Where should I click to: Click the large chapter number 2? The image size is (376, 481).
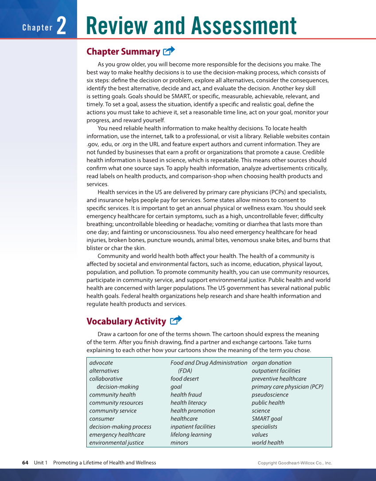click(61, 26)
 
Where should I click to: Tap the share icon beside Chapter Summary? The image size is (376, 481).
click(169, 51)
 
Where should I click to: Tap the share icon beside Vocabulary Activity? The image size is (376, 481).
click(176, 320)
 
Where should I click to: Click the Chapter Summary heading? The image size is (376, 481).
click(123, 52)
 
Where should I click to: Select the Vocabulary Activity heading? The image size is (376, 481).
click(126, 321)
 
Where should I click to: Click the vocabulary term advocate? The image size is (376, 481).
click(101, 363)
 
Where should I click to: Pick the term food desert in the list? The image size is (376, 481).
click(184, 379)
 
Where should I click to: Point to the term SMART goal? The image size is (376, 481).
click(267, 419)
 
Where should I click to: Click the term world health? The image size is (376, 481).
click(267, 443)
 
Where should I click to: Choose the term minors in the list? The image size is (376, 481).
click(179, 443)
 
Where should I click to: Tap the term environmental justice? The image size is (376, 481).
click(116, 443)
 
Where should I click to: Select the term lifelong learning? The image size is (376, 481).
click(191, 435)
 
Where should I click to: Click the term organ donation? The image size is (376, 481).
click(271, 363)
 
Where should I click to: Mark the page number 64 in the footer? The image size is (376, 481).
click(25, 463)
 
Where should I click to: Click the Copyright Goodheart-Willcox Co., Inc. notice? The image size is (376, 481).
click(295, 463)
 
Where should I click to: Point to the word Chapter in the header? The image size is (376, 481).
click(38, 27)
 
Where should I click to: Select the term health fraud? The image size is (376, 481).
click(186, 395)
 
